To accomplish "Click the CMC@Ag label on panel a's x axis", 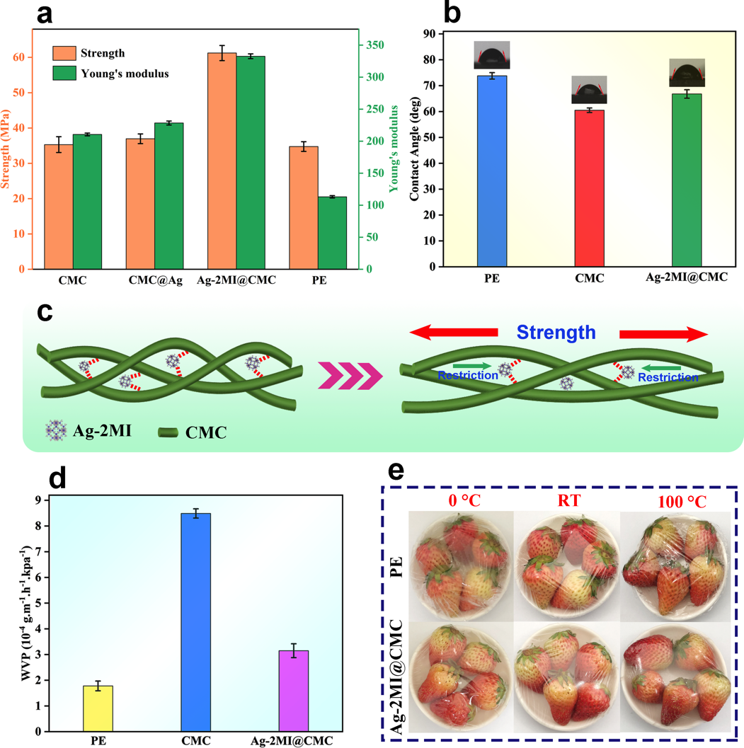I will (x=155, y=282).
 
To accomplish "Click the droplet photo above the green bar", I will (x=686, y=73).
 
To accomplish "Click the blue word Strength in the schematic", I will (x=556, y=333).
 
